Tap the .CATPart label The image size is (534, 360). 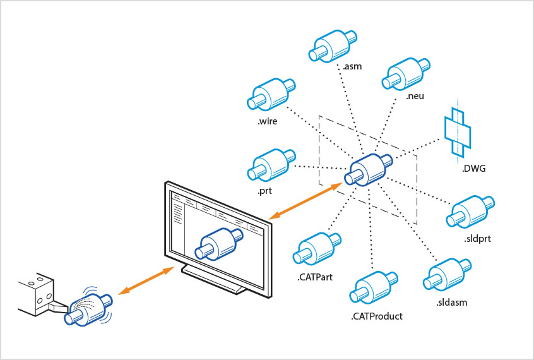[x=314, y=276]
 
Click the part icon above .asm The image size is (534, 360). [x=331, y=45]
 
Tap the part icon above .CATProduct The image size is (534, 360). [x=375, y=288]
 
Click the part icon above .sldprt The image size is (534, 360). [x=470, y=211]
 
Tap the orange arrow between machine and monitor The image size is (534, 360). [x=146, y=280]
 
